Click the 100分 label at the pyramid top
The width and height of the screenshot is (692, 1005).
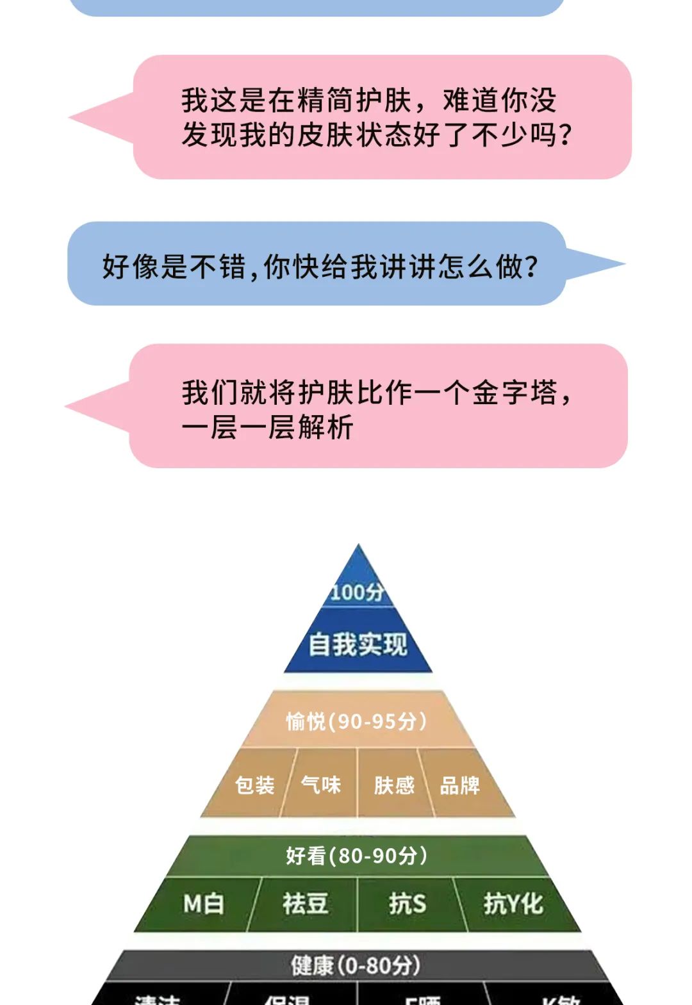[x=358, y=592]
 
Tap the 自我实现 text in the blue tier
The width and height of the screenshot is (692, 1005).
[x=358, y=644]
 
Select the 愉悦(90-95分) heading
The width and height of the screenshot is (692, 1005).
[x=356, y=721]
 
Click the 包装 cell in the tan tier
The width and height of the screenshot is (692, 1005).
[x=254, y=785]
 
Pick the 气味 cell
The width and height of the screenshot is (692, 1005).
[x=321, y=785]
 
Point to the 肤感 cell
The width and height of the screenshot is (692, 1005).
[x=394, y=785]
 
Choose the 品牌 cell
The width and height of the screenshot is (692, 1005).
[x=460, y=785]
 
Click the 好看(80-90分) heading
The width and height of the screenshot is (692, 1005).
[x=356, y=855]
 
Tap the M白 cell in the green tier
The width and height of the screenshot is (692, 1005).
[x=204, y=904]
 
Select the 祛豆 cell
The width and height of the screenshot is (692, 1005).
[x=305, y=904]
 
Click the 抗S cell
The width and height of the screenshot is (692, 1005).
[x=407, y=904]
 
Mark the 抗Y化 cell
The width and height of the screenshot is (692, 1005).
[x=513, y=904]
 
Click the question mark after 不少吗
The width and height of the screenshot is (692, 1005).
[x=565, y=135]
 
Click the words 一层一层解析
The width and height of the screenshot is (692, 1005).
[x=267, y=427]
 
